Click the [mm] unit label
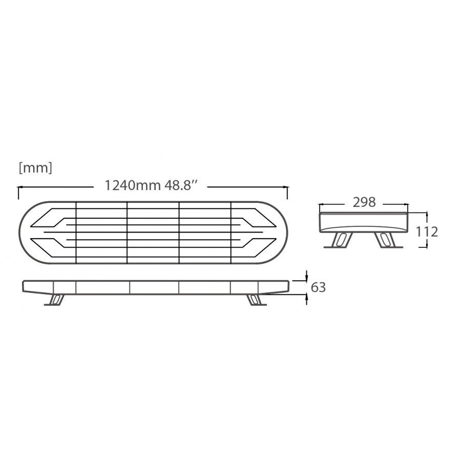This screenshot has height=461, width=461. (x=35, y=168)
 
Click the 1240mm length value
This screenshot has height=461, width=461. (x=133, y=185)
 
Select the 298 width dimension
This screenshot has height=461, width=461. (x=364, y=202)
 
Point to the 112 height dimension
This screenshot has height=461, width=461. (x=427, y=232)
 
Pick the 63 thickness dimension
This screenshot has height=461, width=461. (x=318, y=287)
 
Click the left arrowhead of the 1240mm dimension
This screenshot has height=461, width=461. (x=20, y=186)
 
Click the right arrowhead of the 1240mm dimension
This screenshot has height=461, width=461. (x=285, y=186)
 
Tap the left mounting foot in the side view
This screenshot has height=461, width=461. (x=55, y=300)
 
